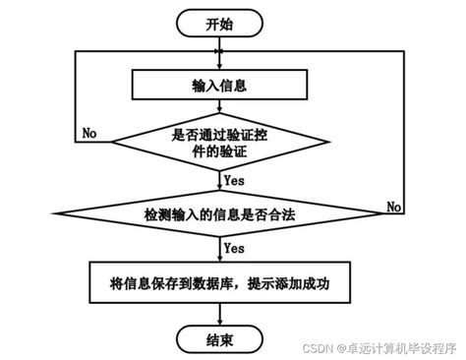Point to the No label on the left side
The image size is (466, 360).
89,132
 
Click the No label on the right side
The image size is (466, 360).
394,206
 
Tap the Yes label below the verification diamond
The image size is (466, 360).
234,180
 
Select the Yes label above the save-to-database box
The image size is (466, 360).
234,249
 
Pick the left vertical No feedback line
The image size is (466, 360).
77,93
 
